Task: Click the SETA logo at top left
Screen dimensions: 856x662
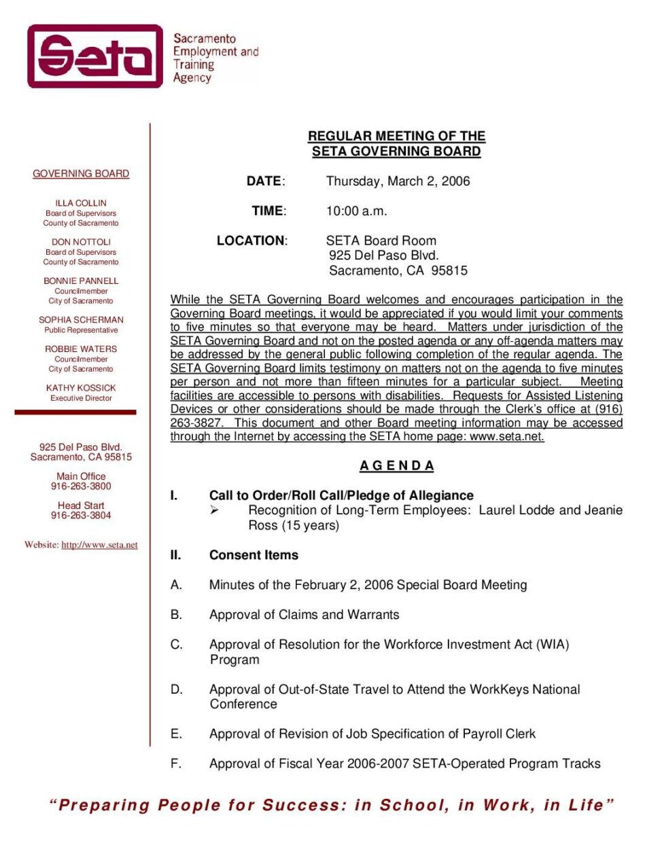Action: (x=95, y=56)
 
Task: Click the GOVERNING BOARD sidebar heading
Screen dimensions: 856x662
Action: (x=81, y=174)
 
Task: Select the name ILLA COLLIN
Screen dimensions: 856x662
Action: (x=81, y=203)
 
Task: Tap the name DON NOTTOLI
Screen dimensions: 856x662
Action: (x=81, y=242)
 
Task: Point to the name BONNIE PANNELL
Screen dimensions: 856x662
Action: (x=81, y=281)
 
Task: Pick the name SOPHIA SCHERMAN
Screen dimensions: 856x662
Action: (x=81, y=320)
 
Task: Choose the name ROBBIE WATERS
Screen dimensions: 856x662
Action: (x=81, y=349)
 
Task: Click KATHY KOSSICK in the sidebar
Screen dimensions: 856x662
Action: (x=81, y=388)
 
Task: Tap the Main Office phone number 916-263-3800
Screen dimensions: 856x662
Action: (x=81, y=486)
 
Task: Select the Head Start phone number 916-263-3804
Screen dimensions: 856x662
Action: (x=81, y=516)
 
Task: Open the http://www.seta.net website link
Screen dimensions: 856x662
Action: (x=99, y=545)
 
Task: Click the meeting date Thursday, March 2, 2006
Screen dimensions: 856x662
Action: (x=398, y=181)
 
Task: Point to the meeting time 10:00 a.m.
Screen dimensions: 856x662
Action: (x=356, y=211)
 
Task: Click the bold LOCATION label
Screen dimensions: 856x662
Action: (x=251, y=240)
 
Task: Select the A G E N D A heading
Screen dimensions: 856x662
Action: (x=396, y=466)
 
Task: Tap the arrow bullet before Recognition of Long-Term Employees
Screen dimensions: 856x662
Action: (x=214, y=510)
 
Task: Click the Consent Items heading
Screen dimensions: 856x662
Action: (x=254, y=555)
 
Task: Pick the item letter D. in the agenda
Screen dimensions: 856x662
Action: (x=177, y=690)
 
